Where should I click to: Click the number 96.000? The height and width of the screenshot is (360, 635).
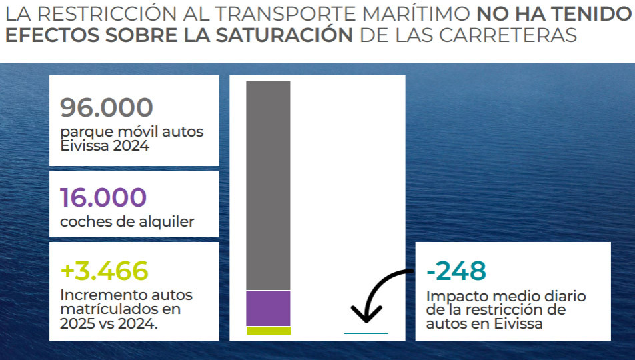(107, 107)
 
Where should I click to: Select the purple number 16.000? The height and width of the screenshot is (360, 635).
(103, 198)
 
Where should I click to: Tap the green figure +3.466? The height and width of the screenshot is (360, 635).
(104, 271)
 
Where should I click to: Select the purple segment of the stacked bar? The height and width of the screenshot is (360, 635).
(268, 308)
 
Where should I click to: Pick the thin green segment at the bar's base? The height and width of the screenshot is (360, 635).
(268, 331)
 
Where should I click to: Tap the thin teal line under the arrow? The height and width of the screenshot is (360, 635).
(366, 333)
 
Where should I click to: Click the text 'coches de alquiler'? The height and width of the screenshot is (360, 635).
(127, 222)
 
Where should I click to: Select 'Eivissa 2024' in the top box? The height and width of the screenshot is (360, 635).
(104, 145)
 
